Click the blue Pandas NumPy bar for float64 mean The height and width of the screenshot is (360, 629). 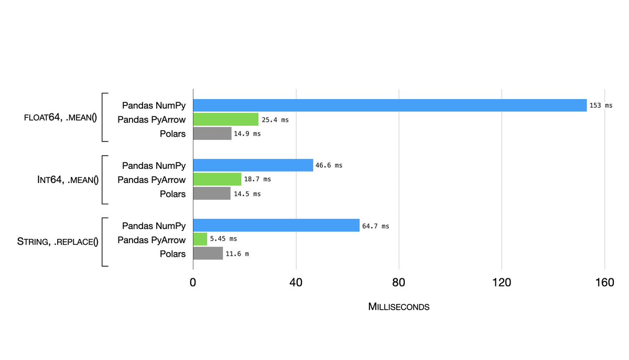[389, 105]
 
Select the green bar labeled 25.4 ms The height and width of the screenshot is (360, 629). [226, 119]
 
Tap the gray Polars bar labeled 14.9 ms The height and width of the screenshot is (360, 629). [212, 134]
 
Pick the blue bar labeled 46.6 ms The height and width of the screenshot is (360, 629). [253, 165]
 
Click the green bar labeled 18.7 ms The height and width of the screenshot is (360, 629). [217, 179]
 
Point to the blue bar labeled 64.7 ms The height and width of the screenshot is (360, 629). [276, 226]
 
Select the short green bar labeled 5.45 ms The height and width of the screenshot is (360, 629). [200, 239]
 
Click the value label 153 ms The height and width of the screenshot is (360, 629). [601, 105]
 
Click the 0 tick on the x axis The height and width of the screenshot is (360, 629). [193, 283]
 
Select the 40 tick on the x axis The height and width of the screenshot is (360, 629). [296, 283]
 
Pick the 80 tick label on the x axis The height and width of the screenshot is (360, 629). [399, 283]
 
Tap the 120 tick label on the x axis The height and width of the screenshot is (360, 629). [502, 283]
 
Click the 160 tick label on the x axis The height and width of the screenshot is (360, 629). [604, 283]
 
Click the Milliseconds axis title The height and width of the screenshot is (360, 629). [399, 307]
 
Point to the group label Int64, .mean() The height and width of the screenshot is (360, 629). [66, 180]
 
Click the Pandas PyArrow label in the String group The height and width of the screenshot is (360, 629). [151, 240]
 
